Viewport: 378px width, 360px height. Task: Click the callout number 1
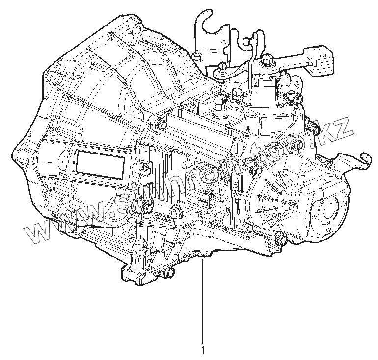[202, 350]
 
